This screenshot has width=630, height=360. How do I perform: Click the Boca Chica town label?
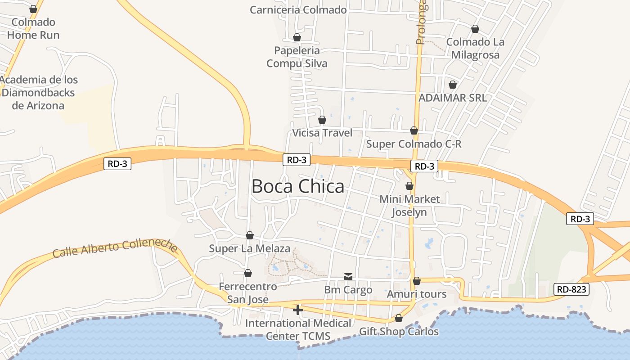(x=298, y=186)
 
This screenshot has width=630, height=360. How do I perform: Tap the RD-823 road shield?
(x=571, y=289)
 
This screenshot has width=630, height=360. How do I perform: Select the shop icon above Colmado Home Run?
(x=33, y=9)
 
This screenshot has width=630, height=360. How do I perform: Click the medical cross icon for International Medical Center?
(x=297, y=310)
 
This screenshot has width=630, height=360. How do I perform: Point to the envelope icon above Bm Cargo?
(x=348, y=276)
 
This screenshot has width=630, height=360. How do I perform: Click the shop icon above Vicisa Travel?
(x=322, y=120)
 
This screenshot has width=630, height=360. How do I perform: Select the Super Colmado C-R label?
(x=414, y=144)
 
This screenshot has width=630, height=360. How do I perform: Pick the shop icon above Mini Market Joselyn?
(x=409, y=186)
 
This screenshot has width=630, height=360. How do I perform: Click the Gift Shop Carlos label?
(x=398, y=332)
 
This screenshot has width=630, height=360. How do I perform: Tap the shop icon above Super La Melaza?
(x=250, y=235)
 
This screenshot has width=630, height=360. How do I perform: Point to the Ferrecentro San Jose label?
(x=247, y=293)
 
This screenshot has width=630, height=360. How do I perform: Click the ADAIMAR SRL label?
(x=452, y=98)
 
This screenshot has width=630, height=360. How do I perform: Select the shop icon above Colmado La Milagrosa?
(x=475, y=29)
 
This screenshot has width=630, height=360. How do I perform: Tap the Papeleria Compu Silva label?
(x=297, y=57)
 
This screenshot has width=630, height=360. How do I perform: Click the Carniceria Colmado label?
(x=298, y=10)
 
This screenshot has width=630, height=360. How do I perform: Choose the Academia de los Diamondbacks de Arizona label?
(x=39, y=93)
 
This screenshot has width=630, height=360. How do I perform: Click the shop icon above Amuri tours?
(x=417, y=281)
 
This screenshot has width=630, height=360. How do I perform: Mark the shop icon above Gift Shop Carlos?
(x=399, y=319)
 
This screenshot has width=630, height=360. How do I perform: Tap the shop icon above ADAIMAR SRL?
(x=453, y=85)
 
